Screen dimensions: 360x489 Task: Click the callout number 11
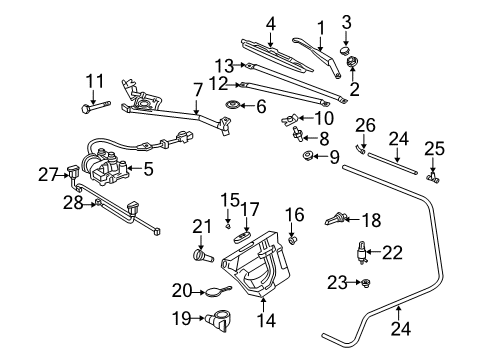point(94,80)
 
